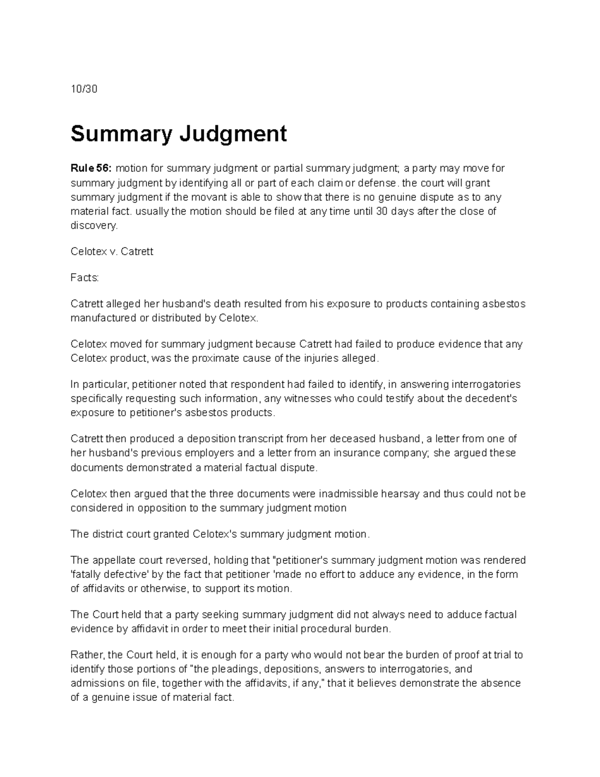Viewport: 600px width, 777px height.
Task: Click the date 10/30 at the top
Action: pos(83,90)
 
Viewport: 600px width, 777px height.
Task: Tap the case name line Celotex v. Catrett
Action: pos(112,252)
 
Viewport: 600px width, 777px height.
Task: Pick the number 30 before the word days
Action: pos(381,211)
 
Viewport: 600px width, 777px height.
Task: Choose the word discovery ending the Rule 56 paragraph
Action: pos(94,226)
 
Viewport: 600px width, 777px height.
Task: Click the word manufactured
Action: pos(103,318)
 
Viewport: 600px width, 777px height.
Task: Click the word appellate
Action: pos(113,560)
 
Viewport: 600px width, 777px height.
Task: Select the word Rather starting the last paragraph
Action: pos(86,655)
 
